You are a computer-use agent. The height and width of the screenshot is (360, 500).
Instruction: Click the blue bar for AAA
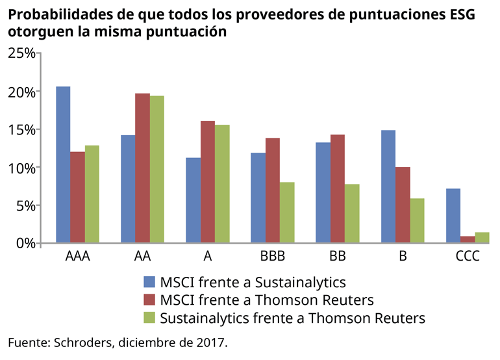[x=63, y=165]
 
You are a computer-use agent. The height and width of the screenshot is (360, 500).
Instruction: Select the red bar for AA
[x=143, y=168]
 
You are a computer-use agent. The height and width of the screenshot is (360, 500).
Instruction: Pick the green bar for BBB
[x=287, y=212]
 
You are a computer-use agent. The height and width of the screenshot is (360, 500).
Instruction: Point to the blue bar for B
[x=388, y=186]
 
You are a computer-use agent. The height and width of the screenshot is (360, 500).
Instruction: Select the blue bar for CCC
[x=453, y=216]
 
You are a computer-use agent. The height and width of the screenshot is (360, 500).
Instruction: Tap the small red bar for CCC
[x=468, y=240]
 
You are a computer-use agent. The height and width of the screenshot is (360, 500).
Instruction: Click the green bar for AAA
[x=92, y=194]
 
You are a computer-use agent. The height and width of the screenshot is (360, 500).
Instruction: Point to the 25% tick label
[x=21, y=53]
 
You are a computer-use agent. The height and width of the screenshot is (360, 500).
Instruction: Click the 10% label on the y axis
[x=21, y=168]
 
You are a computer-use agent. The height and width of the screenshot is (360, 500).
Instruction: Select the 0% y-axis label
[x=25, y=244]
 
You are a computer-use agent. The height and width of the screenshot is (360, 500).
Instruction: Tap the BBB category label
[x=273, y=257]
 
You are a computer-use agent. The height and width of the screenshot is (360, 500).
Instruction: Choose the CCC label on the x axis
[x=468, y=257]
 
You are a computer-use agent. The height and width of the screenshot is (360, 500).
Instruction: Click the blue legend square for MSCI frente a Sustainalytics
[x=149, y=282]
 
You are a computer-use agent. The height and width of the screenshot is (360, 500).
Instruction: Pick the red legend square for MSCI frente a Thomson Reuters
[x=149, y=300]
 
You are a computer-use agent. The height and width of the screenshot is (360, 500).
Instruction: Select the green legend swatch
[x=149, y=318]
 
